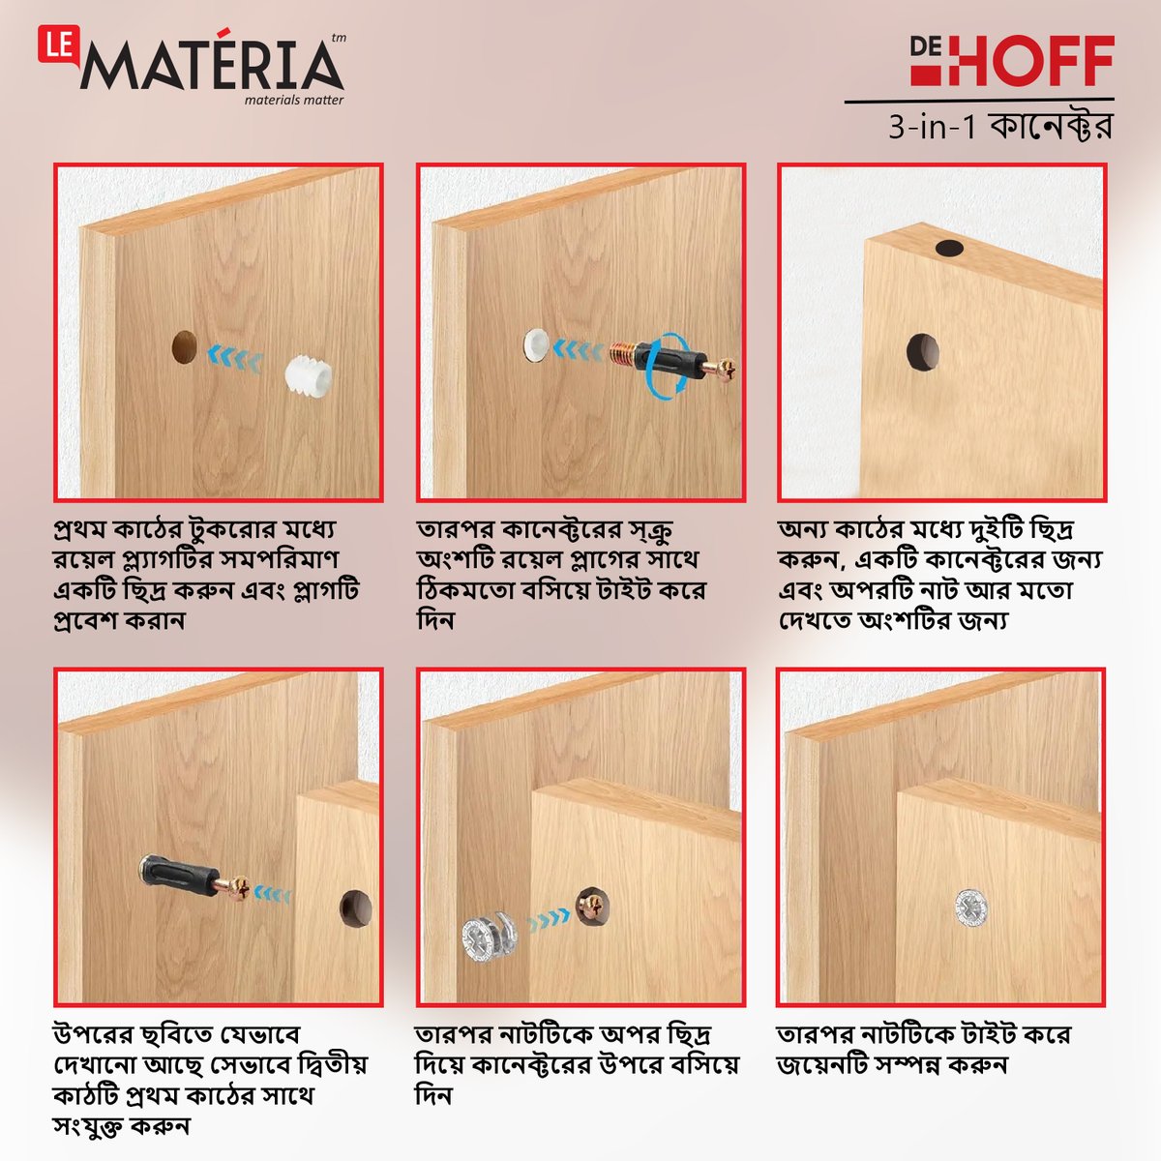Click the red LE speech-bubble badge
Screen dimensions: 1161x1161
(x=58, y=45)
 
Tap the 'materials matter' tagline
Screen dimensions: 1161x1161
(x=294, y=100)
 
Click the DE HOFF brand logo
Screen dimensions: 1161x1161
(x=1012, y=60)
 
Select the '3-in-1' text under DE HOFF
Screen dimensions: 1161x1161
(x=932, y=128)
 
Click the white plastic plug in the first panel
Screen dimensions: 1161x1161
(x=308, y=373)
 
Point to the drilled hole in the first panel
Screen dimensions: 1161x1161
(x=185, y=346)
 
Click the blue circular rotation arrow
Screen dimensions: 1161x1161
(x=667, y=364)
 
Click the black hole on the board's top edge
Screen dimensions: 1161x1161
(x=949, y=248)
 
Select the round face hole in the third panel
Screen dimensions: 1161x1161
(x=923, y=352)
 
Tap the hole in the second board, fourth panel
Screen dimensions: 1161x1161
(x=355, y=908)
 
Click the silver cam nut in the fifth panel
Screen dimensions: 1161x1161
(x=490, y=939)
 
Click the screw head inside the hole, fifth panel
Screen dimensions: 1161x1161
(x=591, y=905)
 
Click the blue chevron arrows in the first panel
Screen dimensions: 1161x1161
(x=235, y=358)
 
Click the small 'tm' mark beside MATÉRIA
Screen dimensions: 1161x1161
(x=339, y=38)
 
